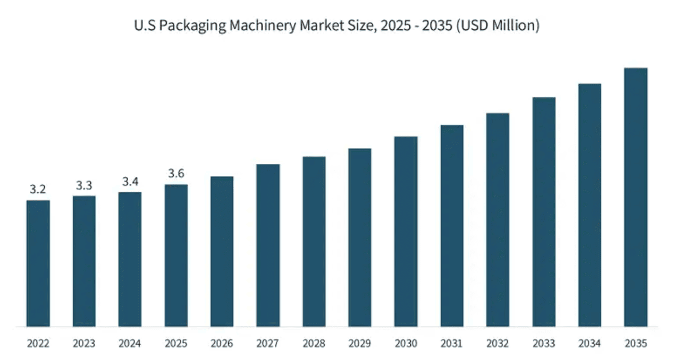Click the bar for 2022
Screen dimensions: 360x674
(38, 263)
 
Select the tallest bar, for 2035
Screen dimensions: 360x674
(636, 197)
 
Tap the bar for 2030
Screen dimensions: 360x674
(406, 231)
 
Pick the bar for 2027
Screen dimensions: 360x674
(268, 245)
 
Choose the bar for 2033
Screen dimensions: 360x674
(544, 212)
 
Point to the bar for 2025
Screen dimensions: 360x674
(176, 255)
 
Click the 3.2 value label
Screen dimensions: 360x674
(38, 189)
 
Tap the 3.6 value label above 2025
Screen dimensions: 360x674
(176, 173)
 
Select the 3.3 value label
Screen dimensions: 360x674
(84, 185)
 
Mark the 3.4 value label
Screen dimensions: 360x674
(130, 181)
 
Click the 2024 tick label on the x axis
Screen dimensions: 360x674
(130, 344)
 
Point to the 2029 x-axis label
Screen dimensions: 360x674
(360, 344)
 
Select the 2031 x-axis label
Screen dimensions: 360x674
(452, 344)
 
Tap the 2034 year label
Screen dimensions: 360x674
(589, 344)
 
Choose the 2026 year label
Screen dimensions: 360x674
(222, 344)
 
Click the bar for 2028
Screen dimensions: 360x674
(314, 241)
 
